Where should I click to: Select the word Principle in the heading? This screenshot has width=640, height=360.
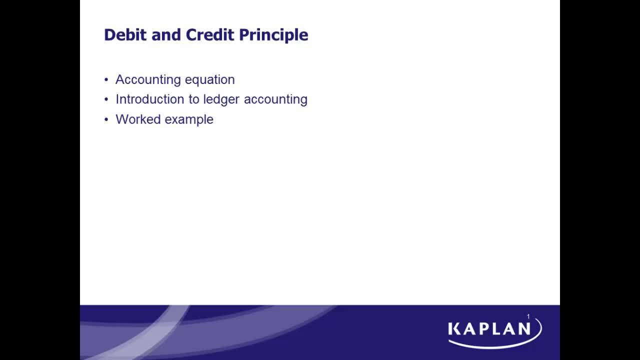273,35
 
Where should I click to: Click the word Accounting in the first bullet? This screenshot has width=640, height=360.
144,79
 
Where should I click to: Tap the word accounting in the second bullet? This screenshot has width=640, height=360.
275,99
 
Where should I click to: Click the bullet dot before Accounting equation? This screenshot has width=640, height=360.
106,79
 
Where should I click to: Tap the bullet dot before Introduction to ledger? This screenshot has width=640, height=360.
106,99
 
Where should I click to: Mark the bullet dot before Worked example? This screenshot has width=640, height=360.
106,119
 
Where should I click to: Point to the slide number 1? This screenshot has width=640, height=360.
528,316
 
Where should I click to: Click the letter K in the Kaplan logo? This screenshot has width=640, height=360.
454,328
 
